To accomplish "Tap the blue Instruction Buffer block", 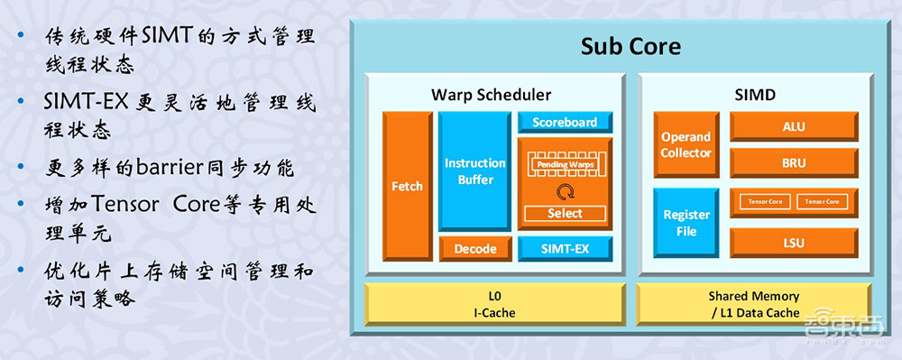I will (x=475, y=171).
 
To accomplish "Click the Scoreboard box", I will (x=565, y=122).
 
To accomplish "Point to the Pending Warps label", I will (x=565, y=165).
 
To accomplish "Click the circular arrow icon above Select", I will (x=565, y=191).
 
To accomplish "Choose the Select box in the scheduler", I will (x=565, y=214).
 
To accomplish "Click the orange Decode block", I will (x=475, y=248).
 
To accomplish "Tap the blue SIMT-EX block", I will (x=565, y=248).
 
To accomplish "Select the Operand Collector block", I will (x=686, y=144).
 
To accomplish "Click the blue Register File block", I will (x=686, y=223).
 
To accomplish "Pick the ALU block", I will (x=793, y=127).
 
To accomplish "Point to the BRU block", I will (x=793, y=164).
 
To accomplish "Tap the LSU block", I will (x=793, y=242).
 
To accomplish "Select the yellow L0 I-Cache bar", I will (x=494, y=304).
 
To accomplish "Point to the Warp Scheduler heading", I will (x=491, y=94).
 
